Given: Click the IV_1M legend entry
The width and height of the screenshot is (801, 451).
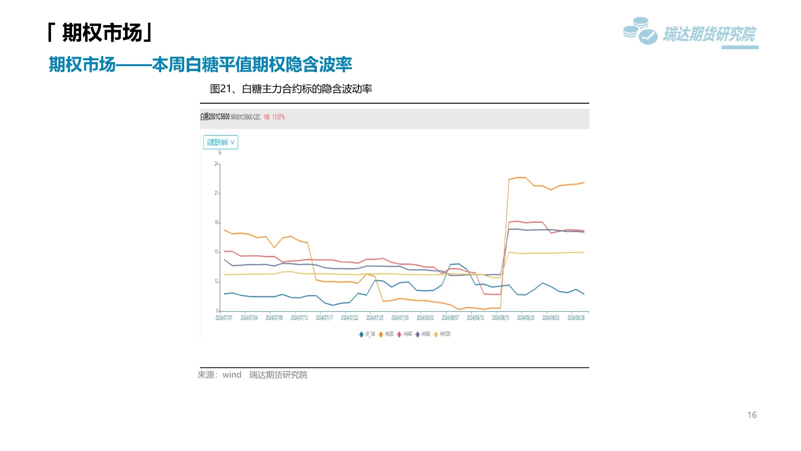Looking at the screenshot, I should click(367, 334).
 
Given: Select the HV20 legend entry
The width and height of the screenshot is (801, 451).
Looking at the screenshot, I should click(386, 334).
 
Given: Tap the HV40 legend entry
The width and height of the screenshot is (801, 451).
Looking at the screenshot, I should click(405, 334).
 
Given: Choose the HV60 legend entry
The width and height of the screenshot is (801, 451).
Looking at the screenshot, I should click(423, 334).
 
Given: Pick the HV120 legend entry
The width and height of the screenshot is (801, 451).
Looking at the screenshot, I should click(443, 334).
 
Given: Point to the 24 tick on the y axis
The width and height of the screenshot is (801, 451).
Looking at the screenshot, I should click(216, 164).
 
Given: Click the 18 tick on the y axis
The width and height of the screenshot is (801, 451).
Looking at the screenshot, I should click(216, 222).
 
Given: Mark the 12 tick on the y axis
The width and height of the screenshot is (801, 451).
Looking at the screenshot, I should click(216, 281).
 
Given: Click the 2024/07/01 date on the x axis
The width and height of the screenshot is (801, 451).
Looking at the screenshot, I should click(224, 318).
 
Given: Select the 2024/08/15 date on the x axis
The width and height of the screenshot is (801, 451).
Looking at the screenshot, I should click(500, 318).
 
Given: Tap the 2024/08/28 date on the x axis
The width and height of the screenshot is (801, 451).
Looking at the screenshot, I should click(576, 318).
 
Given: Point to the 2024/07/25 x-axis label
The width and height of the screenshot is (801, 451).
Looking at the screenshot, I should click(374, 318).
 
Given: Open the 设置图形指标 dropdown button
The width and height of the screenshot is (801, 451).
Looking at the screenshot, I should click(221, 142).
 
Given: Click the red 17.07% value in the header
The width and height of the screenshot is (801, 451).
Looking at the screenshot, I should click(278, 117).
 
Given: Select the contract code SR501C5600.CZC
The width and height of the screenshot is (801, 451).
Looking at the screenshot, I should click(245, 117).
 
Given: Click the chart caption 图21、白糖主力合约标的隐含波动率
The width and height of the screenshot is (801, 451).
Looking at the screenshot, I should click(291, 89).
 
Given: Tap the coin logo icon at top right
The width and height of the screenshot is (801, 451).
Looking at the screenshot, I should click(640, 31).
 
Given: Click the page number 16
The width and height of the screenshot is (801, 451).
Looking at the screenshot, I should click(751, 415).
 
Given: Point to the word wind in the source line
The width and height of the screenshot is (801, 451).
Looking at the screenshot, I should click(232, 375).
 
